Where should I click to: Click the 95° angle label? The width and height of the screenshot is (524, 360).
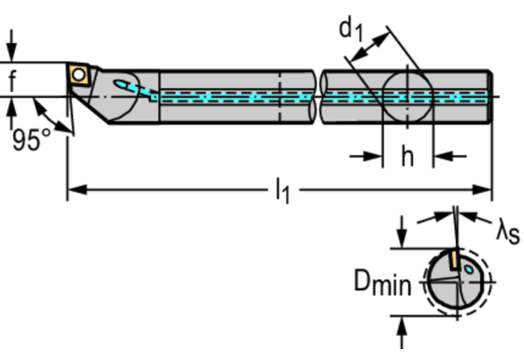click(31, 139)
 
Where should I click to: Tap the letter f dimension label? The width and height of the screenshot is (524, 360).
click(12, 81)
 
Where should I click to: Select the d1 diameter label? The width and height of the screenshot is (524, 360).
click(351, 30)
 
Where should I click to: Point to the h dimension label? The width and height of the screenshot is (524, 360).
click(407, 157)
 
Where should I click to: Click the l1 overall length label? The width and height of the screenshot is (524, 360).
click(282, 191)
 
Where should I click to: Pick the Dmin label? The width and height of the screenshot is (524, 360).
click(382, 283)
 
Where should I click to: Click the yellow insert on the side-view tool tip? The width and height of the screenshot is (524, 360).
click(79, 74)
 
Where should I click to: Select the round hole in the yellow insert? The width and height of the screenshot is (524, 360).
click(79, 74)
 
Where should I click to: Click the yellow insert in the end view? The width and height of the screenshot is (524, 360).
click(454, 260)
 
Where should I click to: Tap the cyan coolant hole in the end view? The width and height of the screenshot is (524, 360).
click(468, 269)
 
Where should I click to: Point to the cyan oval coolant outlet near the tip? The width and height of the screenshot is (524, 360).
click(121, 84)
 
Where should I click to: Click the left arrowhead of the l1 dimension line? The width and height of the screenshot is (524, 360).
click(77, 190)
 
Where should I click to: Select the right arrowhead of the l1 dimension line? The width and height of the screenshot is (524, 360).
click(482, 190)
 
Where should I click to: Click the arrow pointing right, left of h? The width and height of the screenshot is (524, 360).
click(366, 156)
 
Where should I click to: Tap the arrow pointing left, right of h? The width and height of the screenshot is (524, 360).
click(450, 156)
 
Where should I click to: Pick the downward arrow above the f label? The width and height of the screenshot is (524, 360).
click(12, 45)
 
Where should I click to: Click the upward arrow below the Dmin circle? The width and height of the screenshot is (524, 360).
click(402, 333)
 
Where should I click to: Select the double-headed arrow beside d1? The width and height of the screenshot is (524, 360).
click(370, 48)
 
